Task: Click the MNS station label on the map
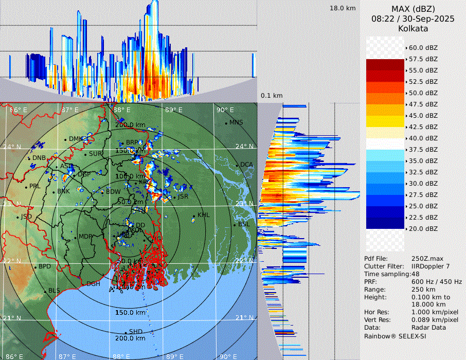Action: [236, 122]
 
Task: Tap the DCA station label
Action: [246, 165]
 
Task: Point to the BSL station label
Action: [244, 225]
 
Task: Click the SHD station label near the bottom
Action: [135, 332]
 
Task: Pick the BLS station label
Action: [54, 291]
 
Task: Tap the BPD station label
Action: [45, 267]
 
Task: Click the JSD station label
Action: [26, 217]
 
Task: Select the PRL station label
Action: [34, 186]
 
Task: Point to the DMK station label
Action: [76, 139]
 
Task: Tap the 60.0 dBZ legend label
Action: [423, 48]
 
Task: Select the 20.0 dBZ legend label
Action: [423, 229]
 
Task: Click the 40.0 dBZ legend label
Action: [423, 138]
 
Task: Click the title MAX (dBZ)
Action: [413, 9]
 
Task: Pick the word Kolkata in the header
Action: [413, 28]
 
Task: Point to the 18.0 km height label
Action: [343, 8]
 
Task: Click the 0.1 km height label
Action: [272, 96]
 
